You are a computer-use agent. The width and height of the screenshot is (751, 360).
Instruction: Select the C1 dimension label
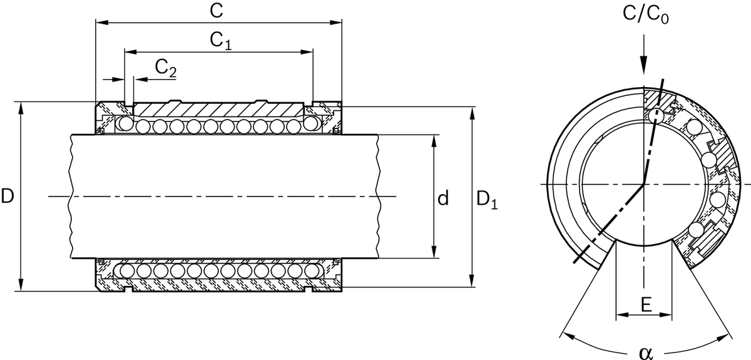(220, 41)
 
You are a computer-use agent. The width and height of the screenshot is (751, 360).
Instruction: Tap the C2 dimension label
(165, 69)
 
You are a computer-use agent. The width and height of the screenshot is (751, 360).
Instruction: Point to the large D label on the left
(8, 197)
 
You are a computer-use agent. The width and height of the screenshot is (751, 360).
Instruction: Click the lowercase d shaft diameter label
(442, 199)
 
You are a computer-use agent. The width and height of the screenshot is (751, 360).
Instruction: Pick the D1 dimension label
(487, 200)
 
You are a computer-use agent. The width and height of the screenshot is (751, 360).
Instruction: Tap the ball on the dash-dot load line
(656, 115)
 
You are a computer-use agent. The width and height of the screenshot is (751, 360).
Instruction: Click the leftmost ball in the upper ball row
(126, 125)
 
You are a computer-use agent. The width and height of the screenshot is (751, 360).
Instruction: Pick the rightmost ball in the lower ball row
(311, 272)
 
